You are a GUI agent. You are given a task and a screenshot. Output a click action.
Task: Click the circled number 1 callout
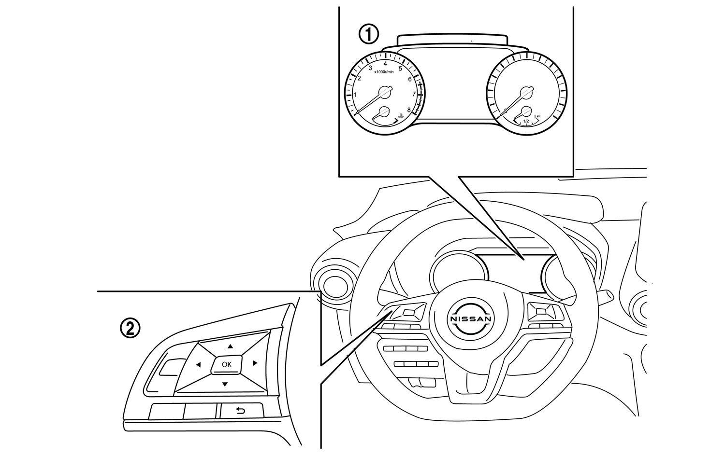click(368, 34)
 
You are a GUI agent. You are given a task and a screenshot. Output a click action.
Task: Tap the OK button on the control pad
click(226, 364)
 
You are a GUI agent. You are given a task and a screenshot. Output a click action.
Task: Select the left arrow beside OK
click(198, 365)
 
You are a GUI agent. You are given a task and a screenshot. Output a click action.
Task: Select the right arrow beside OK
click(255, 363)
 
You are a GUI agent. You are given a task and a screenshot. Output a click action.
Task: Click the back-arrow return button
click(241, 411)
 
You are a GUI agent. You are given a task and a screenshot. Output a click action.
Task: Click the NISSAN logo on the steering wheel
click(471, 319)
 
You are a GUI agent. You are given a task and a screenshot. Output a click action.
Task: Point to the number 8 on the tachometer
click(409, 110)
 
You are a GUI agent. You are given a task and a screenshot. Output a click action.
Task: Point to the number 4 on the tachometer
click(385, 64)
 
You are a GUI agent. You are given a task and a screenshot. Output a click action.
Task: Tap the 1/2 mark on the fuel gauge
click(526, 121)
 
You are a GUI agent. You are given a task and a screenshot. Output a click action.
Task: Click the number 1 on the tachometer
click(356, 95)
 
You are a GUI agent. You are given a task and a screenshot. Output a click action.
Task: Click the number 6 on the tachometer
click(410, 79)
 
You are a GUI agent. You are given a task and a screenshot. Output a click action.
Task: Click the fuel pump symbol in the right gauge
click(539, 116)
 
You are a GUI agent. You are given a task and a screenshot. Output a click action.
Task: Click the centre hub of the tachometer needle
click(384, 91)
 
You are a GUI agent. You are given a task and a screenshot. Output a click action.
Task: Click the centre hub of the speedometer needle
click(525, 92)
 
